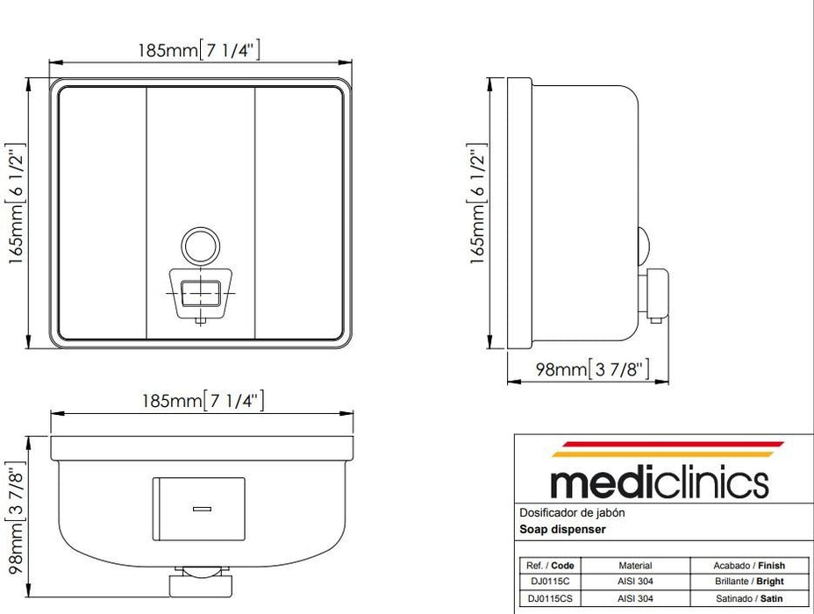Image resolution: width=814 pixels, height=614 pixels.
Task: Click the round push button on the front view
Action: point(198,246)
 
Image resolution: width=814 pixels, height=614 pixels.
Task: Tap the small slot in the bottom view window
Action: point(202,508)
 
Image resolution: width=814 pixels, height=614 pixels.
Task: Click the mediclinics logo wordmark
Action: point(659,482)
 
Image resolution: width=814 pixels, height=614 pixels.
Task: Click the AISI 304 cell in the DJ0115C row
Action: point(635,582)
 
